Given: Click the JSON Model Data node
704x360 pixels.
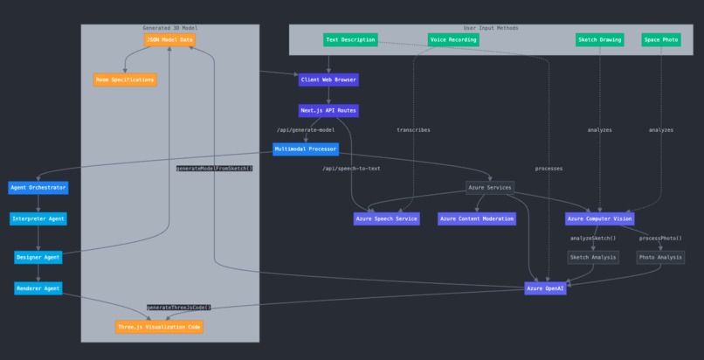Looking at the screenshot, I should tap(169, 39).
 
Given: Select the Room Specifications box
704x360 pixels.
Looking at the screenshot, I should tap(125, 80).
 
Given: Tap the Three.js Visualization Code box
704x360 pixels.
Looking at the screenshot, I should tap(159, 327).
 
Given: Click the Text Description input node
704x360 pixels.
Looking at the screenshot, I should tap(350, 39).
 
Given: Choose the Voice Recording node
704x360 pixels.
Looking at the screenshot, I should tap(453, 39).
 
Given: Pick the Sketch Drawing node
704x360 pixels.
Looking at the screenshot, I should tap(599, 39).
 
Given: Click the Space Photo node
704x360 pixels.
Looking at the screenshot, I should tap(661, 39).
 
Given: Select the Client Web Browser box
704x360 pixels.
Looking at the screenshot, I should tap(328, 80).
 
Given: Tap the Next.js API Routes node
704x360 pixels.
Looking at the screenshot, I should tap(328, 111).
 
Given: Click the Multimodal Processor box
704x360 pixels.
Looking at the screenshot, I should tap(305, 149).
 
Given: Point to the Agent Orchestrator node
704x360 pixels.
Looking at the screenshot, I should tap(38, 187).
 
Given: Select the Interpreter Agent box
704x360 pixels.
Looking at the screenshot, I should tap(38, 218).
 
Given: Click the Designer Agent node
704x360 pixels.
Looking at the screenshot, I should tap(38, 257).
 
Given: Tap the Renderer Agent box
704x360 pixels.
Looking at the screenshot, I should tap(38, 288).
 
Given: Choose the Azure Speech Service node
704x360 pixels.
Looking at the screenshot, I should tap(386, 218).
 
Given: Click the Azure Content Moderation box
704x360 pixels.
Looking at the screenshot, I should tap(476, 218).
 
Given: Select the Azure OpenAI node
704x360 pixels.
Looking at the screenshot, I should tap(546, 288).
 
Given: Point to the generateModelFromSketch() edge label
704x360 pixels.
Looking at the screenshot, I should tap(214, 169).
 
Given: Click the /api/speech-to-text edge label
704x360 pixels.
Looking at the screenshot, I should tap(351, 169).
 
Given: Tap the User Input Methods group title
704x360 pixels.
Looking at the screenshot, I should tap(490, 28).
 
